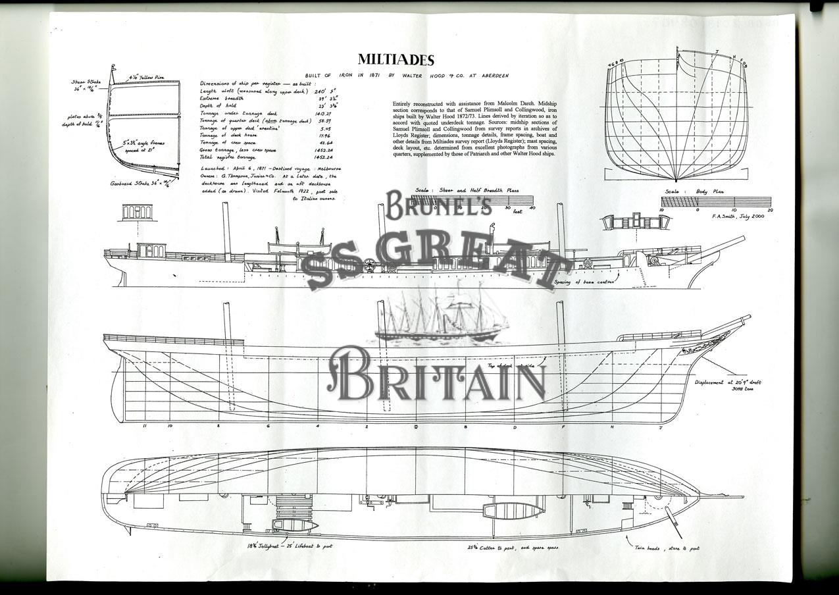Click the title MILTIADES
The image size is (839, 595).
pyautogui.click(x=395, y=61)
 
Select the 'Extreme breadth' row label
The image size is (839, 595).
pyautogui.click(x=222, y=98)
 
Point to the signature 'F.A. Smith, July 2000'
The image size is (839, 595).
pyautogui.click(x=738, y=215)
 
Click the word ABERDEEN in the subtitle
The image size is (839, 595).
pyautogui.click(x=491, y=76)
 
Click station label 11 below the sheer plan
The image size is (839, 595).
pyautogui.click(x=145, y=427)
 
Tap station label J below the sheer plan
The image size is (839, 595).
pyautogui.click(x=660, y=427)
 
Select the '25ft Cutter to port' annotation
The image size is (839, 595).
pyautogui.click(x=513, y=547)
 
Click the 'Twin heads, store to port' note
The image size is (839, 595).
pyautogui.click(x=666, y=548)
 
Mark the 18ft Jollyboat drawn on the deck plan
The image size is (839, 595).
pyautogui.click(x=295, y=525)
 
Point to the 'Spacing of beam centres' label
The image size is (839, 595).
pyautogui.click(x=584, y=282)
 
